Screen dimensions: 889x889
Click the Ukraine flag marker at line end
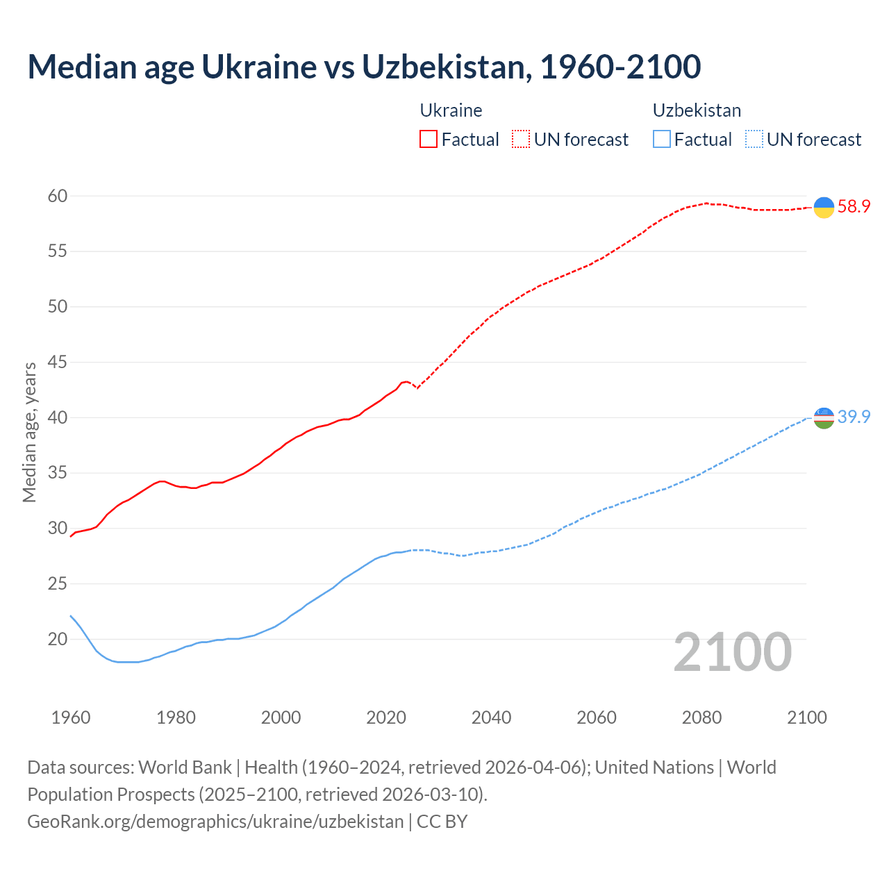point(824,207)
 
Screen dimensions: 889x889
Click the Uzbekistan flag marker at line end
point(824,417)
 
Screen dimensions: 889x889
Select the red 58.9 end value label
point(854,207)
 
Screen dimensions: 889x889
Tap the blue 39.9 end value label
point(854,417)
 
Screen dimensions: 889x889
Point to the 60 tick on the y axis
point(58,197)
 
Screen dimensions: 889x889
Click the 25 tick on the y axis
point(58,584)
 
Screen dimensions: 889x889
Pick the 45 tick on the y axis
point(58,363)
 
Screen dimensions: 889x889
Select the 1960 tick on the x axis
point(71,717)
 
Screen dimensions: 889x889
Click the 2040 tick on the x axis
point(491,717)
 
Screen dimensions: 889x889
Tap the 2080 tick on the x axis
point(701,717)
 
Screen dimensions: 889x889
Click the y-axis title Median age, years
point(29,432)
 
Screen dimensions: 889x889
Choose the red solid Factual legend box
point(429,140)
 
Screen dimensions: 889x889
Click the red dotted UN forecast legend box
point(521,140)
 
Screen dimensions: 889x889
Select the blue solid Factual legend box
point(662,140)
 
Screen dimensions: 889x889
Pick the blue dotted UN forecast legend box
point(754,140)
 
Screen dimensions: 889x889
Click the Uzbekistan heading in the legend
point(697,110)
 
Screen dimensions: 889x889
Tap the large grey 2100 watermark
point(733,651)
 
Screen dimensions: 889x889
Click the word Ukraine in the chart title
point(259,67)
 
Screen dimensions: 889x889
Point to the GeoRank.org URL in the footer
point(215,822)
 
